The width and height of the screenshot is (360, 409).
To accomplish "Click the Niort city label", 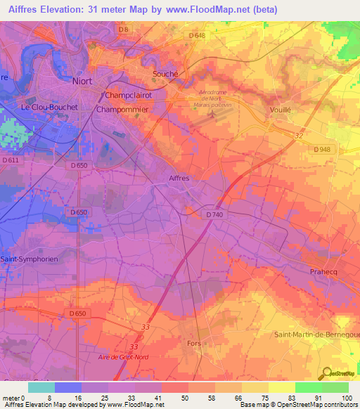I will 82,81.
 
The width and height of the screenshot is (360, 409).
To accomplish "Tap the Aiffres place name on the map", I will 179,178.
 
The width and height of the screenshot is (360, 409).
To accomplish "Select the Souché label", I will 166,74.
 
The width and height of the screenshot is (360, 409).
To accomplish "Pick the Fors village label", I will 194,343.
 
